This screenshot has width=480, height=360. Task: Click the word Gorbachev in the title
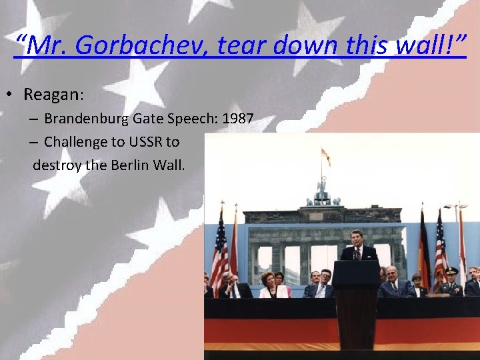tap(134, 45)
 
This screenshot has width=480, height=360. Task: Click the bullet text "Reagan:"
tap(53, 95)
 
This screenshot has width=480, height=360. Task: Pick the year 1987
tap(237, 119)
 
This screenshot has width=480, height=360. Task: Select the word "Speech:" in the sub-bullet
tap(191, 119)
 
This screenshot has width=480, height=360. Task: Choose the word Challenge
tap(74, 142)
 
